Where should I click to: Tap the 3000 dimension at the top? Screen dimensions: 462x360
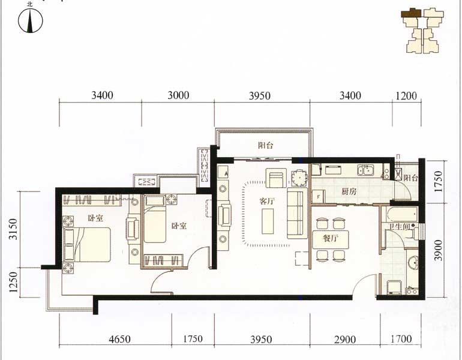(178, 95)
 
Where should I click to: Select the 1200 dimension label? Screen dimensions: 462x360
(406, 96)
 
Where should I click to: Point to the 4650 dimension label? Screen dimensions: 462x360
(119, 339)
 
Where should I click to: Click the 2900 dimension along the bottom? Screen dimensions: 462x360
(345, 340)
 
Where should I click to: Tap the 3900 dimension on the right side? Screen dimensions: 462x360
(439, 250)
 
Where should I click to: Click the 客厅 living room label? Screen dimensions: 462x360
(267, 202)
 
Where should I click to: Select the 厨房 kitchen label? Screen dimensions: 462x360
(349, 191)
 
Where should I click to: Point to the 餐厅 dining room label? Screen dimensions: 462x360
(330, 238)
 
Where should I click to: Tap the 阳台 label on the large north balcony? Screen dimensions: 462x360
(265, 145)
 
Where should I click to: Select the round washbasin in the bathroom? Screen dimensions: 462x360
(413, 262)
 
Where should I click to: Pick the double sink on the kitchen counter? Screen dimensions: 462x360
(365, 170)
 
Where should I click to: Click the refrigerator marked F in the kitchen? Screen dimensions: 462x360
(318, 196)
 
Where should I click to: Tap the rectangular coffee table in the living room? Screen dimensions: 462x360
(268, 221)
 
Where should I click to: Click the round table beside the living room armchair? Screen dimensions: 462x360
(299, 178)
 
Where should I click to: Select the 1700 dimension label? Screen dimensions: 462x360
(401, 339)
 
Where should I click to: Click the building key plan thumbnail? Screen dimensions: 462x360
(422, 31)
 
